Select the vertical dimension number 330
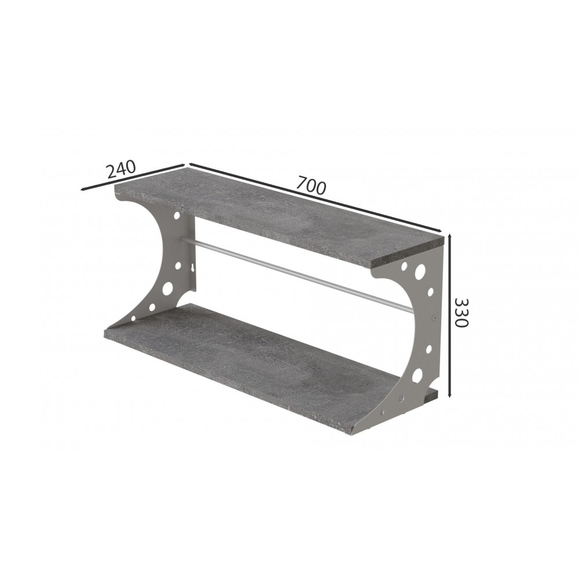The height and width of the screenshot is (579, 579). tap(461, 313)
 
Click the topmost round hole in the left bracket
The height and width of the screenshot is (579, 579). tap(177, 215)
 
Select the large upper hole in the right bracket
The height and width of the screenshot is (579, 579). tap(419, 271)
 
